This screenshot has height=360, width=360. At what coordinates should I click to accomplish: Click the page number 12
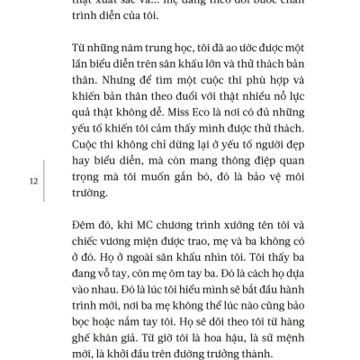tap(32, 181)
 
